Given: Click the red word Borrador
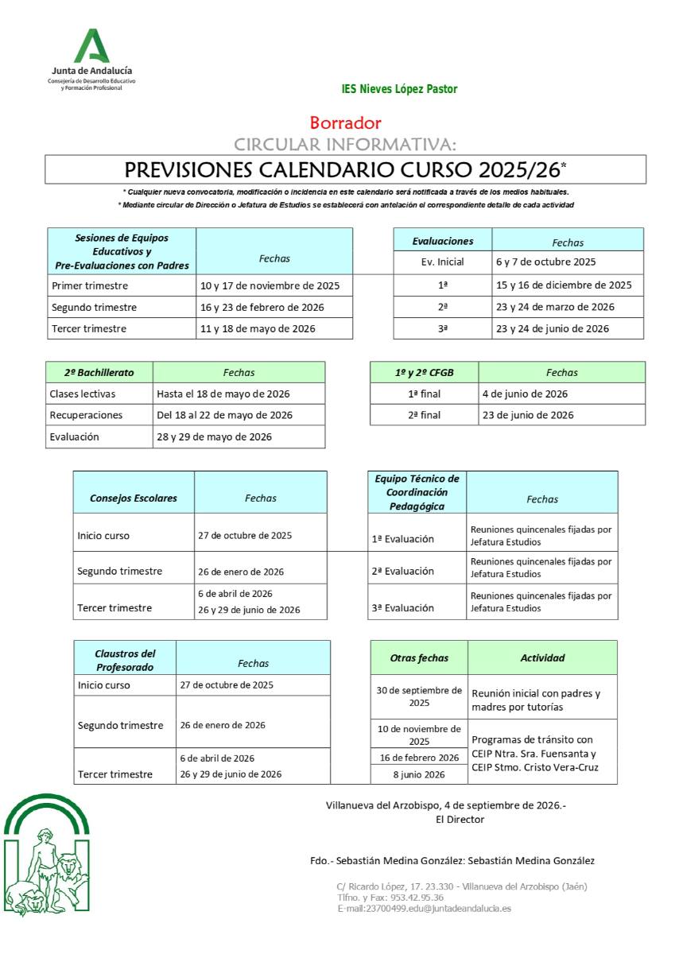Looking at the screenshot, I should click(x=345, y=123).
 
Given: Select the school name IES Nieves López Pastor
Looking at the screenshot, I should click(x=399, y=89).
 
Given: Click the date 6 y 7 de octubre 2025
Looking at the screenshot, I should click(x=545, y=262).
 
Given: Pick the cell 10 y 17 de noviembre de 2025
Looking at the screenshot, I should click(x=270, y=285).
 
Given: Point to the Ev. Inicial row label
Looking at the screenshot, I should click(x=442, y=262).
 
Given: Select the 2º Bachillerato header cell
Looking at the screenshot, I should click(x=99, y=372).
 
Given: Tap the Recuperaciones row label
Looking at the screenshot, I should click(x=86, y=415).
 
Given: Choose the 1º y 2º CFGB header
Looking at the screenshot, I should click(x=425, y=372).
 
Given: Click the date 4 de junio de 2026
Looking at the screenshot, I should click(x=525, y=394).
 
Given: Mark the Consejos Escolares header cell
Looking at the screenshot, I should click(x=134, y=498).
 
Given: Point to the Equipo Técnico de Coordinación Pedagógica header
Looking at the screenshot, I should click(x=417, y=492).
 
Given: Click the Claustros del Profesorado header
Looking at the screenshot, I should click(x=125, y=660).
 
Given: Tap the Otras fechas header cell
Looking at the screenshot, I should click(x=419, y=657).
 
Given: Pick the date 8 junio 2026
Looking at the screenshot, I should click(x=418, y=774).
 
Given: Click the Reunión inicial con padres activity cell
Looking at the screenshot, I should click(x=536, y=700).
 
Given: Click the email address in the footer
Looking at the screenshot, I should click(x=424, y=908).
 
